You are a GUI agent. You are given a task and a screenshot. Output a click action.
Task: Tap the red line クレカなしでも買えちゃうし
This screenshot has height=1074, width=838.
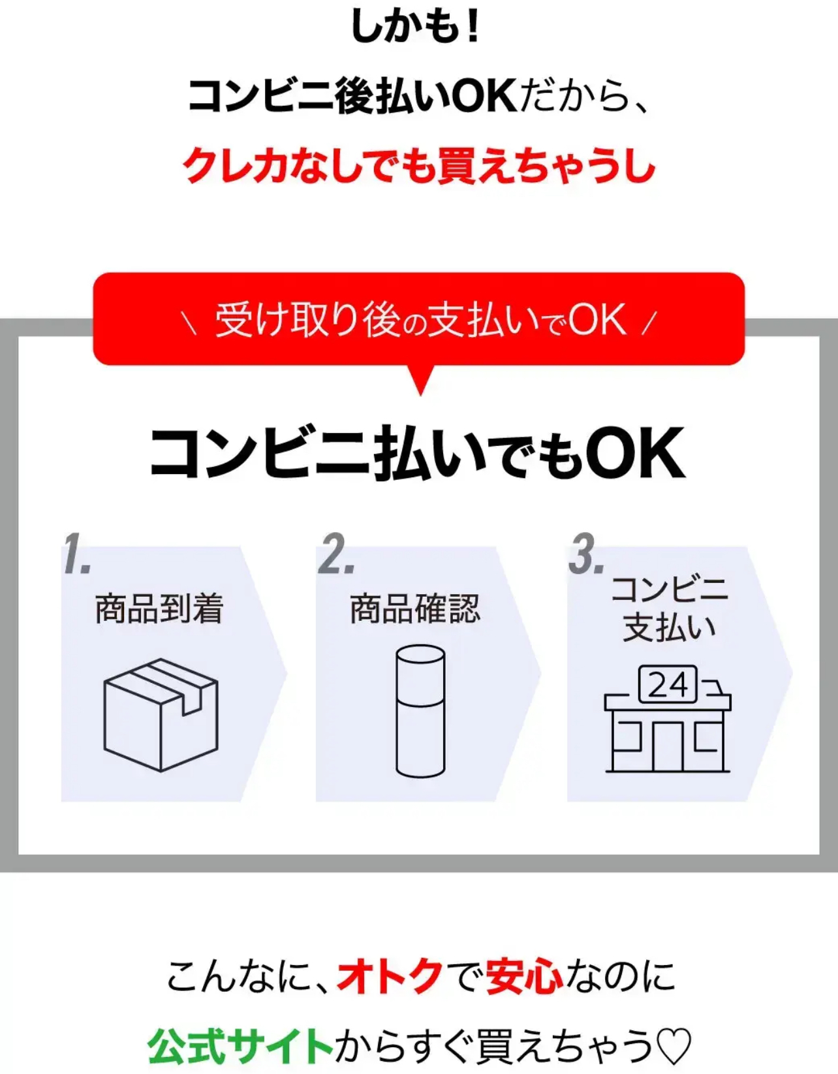[419, 166]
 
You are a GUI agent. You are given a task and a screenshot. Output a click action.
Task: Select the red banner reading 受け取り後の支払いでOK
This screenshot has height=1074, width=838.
[419, 319]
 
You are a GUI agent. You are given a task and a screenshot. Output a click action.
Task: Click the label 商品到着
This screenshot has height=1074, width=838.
[159, 609]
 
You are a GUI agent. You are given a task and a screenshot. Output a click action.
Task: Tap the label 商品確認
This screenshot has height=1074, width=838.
[414, 609]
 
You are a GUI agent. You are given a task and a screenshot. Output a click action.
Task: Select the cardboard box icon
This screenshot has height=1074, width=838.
[161, 715]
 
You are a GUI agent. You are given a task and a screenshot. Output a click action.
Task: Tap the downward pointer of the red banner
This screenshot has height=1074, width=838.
[420, 379]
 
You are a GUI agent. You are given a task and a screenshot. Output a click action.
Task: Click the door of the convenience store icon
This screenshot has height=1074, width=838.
[668, 746]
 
